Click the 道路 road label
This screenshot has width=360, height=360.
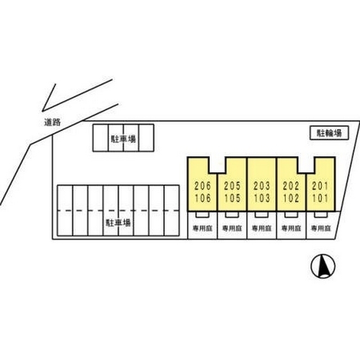tap(51, 122)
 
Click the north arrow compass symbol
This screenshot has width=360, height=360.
tap(323, 265)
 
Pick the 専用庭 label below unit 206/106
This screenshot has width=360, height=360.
tap(202, 229)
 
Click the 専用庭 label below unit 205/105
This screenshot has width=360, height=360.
tap(232, 229)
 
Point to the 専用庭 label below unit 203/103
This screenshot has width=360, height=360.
tap(262, 229)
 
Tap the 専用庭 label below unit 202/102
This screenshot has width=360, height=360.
tap(291, 229)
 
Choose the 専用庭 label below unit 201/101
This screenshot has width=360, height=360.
tap(321, 229)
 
